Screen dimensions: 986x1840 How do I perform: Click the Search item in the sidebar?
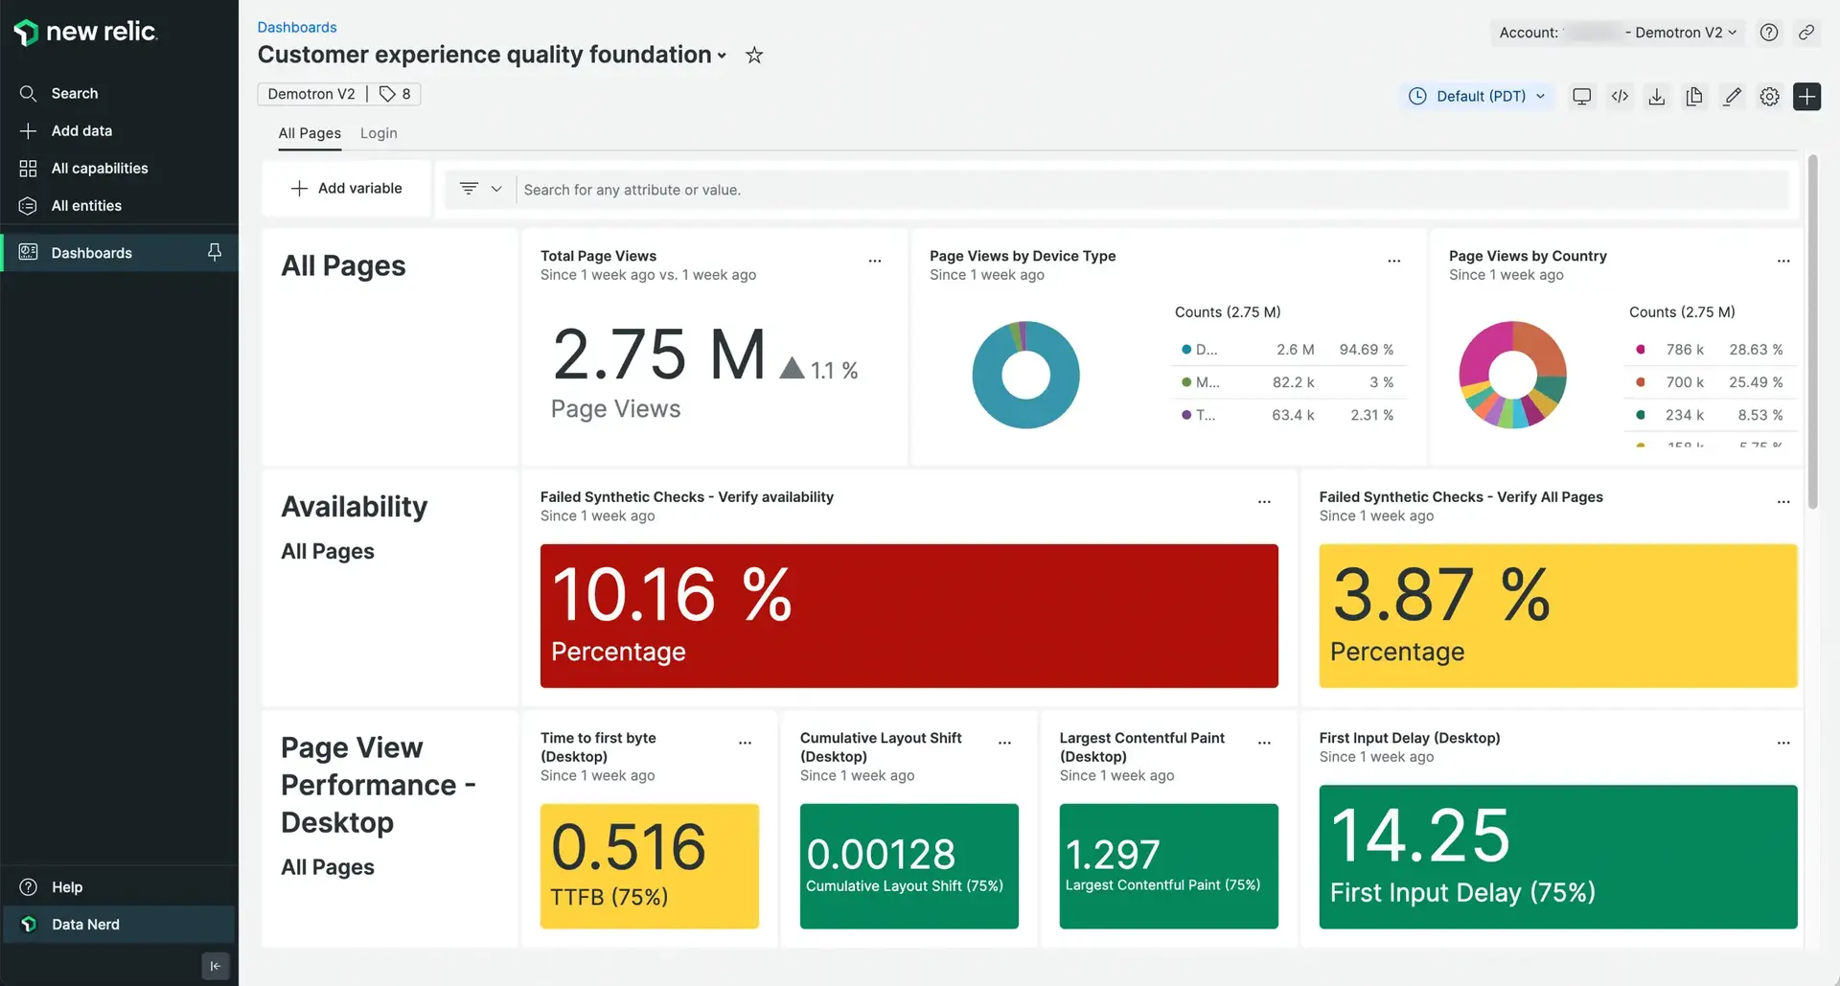[x=74, y=93]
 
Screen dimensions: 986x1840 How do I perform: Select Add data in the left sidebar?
[x=80, y=130]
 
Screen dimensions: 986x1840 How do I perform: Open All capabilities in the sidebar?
[x=99, y=168]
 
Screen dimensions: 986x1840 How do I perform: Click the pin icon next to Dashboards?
[x=215, y=252]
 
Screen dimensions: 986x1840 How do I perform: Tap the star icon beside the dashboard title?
[x=754, y=56]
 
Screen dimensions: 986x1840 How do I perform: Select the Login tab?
[x=379, y=133]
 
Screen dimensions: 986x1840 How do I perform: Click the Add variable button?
[x=347, y=189]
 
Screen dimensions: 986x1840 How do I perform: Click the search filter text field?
[x=1150, y=190]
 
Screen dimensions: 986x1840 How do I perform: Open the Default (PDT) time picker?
[x=1478, y=96]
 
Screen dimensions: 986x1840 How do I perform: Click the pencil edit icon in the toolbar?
[x=1732, y=96]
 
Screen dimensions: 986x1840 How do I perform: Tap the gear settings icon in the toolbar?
[x=1769, y=96]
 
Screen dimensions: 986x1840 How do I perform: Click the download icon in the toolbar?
[x=1656, y=96]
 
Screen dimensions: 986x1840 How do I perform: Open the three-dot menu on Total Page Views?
[x=874, y=261]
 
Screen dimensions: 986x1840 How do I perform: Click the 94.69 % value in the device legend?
[x=1366, y=350]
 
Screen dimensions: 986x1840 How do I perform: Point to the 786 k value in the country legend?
[x=1684, y=350]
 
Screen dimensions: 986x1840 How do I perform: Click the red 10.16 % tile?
[x=908, y=615]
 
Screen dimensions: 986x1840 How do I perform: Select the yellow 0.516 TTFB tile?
[x=649, y=865]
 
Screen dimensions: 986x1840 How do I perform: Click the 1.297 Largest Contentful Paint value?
[x=1113, y=854]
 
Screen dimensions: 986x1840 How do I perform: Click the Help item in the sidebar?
[x=66, y=886]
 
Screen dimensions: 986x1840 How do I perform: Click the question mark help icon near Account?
[x=1769, y=33]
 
